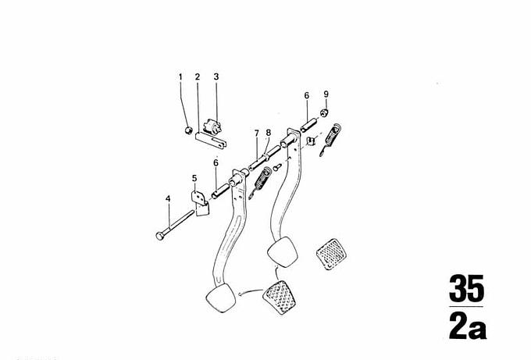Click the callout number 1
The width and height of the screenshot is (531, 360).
point(180,77)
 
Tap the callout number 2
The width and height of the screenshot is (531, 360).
point(198,77)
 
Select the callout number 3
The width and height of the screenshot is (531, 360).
point(216,77)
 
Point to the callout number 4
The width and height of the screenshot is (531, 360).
point(168,199)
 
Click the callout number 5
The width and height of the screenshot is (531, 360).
point(194,178)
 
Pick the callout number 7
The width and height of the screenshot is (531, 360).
point(257,133)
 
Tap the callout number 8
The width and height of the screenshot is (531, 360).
point(269,133)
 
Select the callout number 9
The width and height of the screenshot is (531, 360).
point(326,94)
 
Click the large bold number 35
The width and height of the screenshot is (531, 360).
point(466,289)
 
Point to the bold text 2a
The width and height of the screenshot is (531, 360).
point(468,326)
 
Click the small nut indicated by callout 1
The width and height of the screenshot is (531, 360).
point(189,130)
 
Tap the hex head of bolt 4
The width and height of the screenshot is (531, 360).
point(160,235)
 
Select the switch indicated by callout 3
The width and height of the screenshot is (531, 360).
point(212,127)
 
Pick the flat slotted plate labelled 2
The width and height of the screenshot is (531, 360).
point(211,141)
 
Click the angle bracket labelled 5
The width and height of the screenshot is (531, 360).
point(200,203)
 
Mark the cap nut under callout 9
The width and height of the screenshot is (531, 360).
point(324,112)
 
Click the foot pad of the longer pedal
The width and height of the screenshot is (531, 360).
point(220,298)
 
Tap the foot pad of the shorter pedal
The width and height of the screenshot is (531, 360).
point(283,252)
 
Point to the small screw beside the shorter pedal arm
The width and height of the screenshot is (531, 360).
point(277,167)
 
